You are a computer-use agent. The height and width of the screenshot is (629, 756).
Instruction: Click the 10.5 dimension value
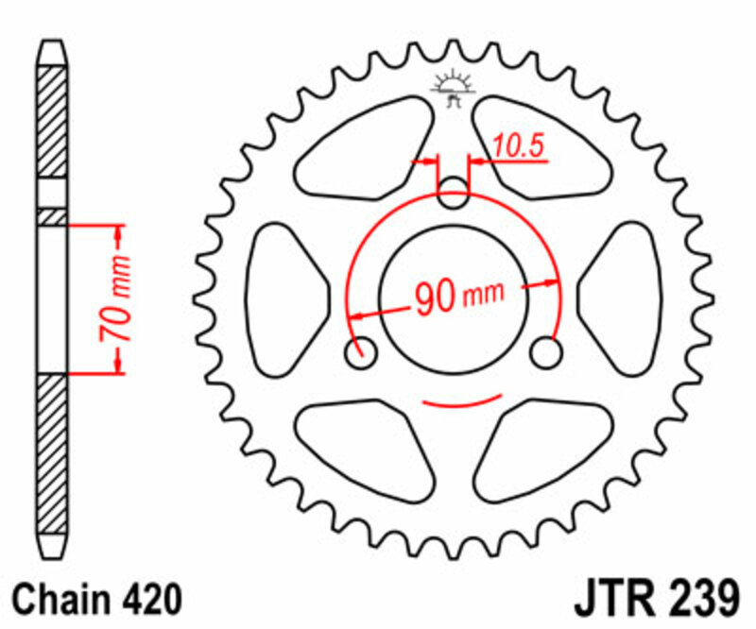pyautogui.click(x=515, y=145)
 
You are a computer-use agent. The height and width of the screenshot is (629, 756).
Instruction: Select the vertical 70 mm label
pyautogui.click(x=116, y=299)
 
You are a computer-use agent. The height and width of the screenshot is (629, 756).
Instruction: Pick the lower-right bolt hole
pyautogui.click(x=545, y=353)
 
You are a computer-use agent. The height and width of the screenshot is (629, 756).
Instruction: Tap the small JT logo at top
pyautogui.click(x=453, y=86)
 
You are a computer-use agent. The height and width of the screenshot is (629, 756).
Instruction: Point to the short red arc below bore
pyautogui.click(x=454, y=404)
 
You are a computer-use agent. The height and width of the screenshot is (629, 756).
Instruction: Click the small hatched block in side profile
pyautogui.click(x=53, y=217)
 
